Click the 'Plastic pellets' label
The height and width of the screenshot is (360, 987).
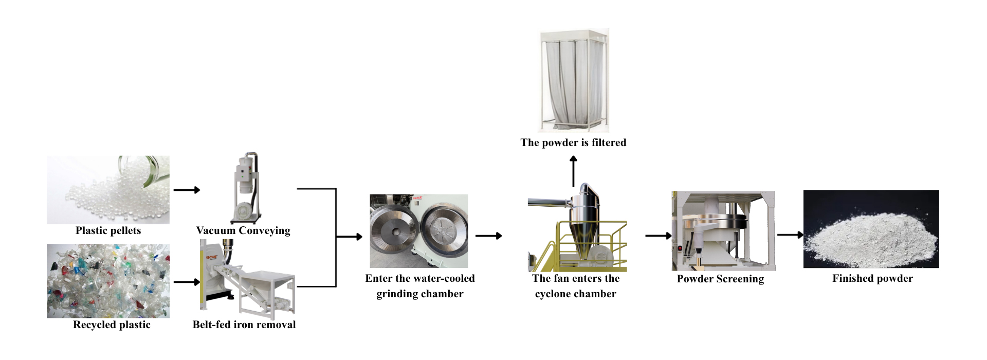tap(108, 230)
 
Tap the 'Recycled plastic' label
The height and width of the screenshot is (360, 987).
tap(112, 325)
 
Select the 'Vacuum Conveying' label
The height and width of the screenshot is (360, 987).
tap(243, 230)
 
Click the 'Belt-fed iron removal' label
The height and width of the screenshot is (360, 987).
tap(244, 325)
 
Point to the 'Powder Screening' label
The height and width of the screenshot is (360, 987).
tap(720, 279)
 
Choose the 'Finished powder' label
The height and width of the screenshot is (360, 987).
tap(872, 278)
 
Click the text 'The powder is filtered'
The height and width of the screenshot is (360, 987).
tap(573, 142)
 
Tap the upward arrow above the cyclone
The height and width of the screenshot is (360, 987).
tap(573, 172)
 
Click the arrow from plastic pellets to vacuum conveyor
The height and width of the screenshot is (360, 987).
tap(187, 190)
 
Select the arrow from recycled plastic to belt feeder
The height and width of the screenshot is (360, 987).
tap(187, 282)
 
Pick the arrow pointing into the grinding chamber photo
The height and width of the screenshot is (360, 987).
tap(350, 237)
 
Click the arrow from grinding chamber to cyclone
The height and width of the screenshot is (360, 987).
tap(488, 236)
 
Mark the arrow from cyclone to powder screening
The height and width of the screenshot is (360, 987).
tap(658, 236)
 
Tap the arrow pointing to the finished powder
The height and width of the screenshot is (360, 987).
tap(790, 235)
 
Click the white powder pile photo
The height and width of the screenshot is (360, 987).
tap(871, 229)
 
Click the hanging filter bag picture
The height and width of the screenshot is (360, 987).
tap(573, 81)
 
